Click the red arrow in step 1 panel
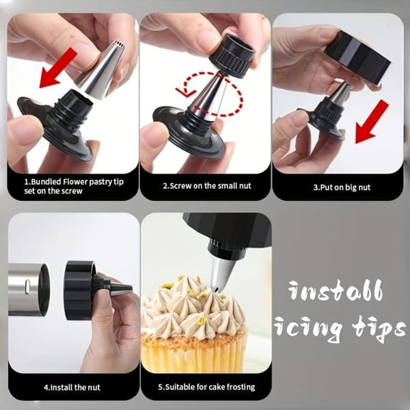58,68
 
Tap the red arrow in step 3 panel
371,122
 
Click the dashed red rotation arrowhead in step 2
186,92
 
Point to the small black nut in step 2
232,56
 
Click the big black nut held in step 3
357,57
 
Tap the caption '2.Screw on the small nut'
207,186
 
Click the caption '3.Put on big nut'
342,187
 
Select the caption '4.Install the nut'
72,387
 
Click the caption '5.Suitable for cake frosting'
206,387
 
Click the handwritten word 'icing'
308,328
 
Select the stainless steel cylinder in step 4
29,290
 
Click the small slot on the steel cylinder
27,286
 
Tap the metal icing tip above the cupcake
221,274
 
